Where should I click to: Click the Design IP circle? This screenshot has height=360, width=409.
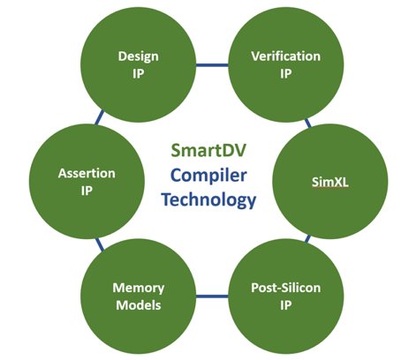(139, 64)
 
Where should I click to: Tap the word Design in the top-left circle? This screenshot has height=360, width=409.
(139, 56)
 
